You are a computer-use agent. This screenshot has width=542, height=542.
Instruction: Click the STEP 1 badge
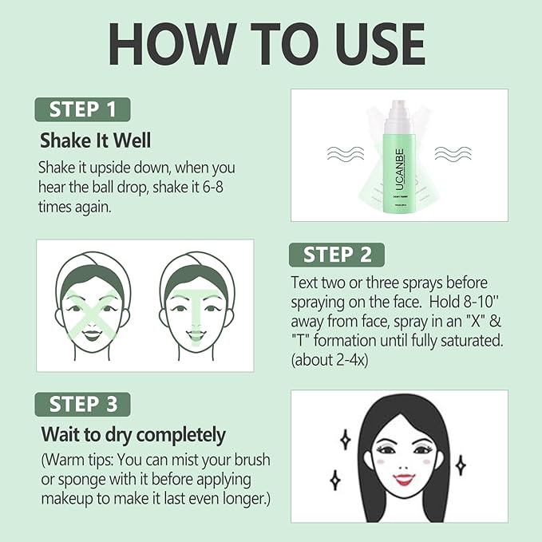(x=81, y=109)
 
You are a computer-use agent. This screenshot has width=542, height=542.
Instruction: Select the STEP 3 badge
(x=81, y=404)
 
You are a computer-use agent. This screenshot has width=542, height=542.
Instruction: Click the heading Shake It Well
(x=95, y=140)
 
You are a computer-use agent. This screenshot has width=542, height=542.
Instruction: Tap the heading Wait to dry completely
(x=133, y=435)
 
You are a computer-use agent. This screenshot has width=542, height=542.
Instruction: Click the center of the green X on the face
(x=93, y=307)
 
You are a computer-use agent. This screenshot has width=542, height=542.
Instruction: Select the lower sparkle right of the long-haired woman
(x=461, y=464)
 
